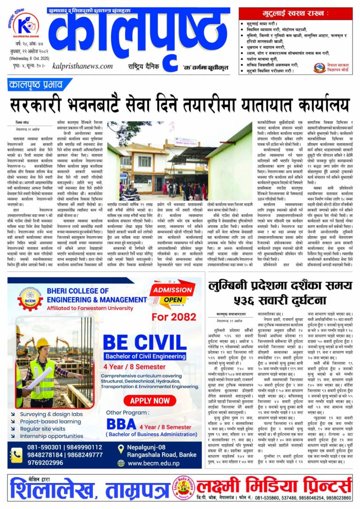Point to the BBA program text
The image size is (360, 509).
(121, 424)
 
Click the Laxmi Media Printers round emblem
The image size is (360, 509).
(183, 488)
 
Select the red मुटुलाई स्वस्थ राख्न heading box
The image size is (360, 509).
(296, 13)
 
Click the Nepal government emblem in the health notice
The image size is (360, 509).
(320, 67)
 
